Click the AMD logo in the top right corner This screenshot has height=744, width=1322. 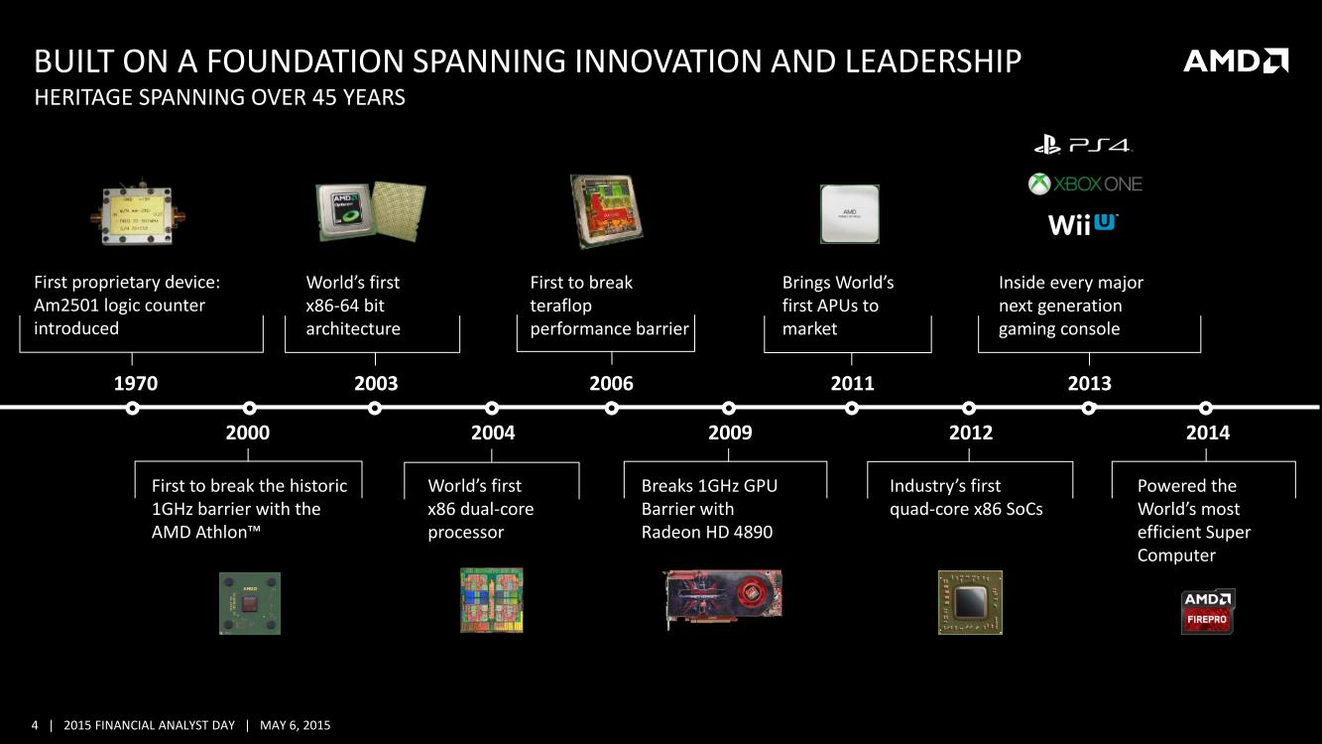pos(1236,61)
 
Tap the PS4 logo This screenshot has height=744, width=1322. pos(1083,145)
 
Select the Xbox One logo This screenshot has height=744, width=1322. pos(1085,185)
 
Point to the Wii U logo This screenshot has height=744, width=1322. pos(1082,224)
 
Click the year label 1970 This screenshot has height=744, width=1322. pos(136,383)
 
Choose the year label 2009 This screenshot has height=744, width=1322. pos(730,433)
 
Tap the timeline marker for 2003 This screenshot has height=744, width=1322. pos(374,408)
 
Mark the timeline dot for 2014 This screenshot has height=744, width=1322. pos(1206,408)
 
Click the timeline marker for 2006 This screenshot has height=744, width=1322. pos(612,408)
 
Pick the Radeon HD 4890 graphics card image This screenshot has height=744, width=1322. pos(724,599)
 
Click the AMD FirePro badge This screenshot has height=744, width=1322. pos(1208,612)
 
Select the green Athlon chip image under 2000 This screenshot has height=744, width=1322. pos(250,603)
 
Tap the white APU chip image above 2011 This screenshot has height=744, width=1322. pos(850,213)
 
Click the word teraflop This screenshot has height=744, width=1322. pos(560,306)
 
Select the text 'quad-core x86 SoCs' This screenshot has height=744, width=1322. pos(966,509)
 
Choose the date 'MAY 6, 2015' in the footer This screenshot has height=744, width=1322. pos(296,725)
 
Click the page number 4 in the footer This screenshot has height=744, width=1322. pos(35,725)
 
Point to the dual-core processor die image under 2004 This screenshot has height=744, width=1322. pos(492,600)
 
